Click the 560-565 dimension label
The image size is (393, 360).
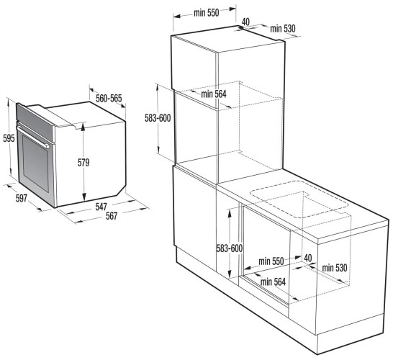[x=109, y=99]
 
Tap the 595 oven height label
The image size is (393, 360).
[x=8, y=138]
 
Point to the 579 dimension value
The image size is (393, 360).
[x=83, y=163]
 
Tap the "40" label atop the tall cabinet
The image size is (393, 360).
[x=245, y=22]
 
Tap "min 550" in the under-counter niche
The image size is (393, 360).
[x=271, y=260]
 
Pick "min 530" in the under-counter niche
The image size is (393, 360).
[x=335, y=268]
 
